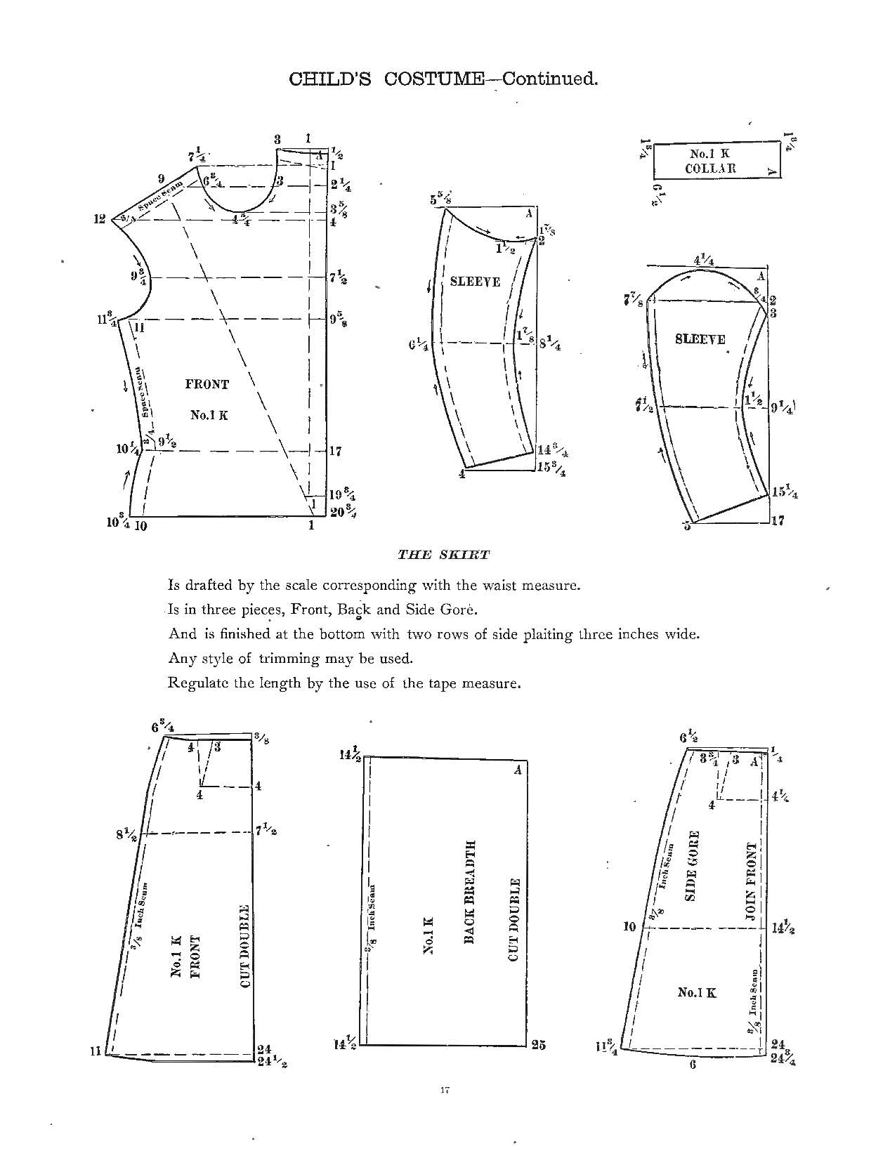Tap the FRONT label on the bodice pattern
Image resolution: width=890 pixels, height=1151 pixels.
pyautogui.click(x=207, y=384)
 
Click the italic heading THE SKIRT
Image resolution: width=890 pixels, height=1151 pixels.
pyautogui.click(x=443, y=554)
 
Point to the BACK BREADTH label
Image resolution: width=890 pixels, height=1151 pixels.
pyautogui.click(x=471, y=892)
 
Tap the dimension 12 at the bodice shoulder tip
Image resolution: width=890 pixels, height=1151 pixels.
pyautogui.click(x=99, y=219)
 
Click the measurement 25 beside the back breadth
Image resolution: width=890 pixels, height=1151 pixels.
pyautogui.click(x=539, y=1044)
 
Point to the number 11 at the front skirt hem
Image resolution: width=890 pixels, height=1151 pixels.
pyautogui.click(x=96, y=1051)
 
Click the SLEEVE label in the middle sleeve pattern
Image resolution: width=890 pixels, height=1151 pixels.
pyautogui.click(x=475, y=282)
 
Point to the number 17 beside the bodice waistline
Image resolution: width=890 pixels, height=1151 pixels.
pyautogui.click(x=335, y=451)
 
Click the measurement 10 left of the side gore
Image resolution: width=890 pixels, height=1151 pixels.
pyautogui.click(x=629, y=927)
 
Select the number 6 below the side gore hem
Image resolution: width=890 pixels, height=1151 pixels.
pyautogui.click(x=693, y=1065)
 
